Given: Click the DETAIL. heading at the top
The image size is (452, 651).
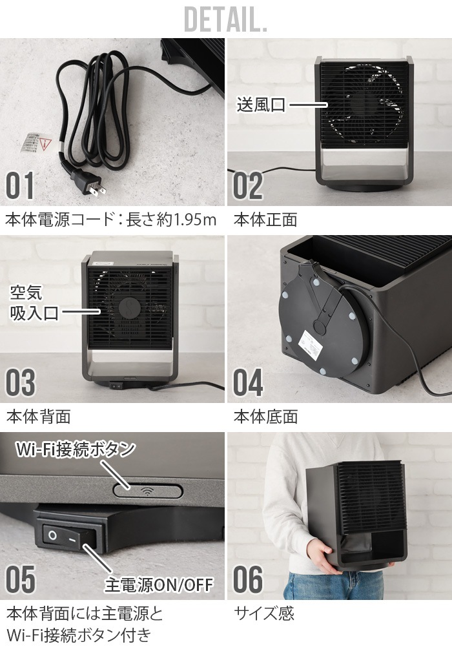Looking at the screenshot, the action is click(x=225, y=19).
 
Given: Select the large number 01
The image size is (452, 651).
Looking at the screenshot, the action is click(x=19, y=185).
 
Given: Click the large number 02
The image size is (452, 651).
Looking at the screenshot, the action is click(x=248, y=185).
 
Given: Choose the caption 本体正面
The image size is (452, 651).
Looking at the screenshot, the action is click(x=265, y=220).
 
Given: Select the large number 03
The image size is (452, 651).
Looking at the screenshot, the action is click(x=20, y=382).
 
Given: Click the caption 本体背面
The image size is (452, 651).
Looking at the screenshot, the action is click(x=39, y=417).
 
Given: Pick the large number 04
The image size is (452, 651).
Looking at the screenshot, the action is click(x=248, y=382).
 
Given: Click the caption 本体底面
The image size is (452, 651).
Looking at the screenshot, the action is click(x=265, y=417).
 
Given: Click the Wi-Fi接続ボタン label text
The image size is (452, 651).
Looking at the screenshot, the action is click(x=76, y=449).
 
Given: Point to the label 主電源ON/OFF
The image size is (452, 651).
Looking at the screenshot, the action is click(x=159, y=584).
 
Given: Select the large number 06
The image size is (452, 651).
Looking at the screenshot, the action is click(x=248, y=579).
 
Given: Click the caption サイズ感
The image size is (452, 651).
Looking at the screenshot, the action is click(x=264, y=614).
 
